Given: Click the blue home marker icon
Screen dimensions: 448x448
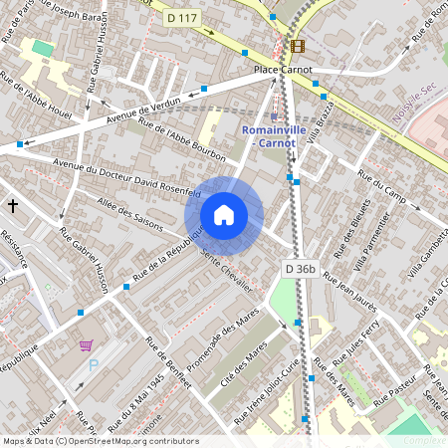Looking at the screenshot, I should point(224,215).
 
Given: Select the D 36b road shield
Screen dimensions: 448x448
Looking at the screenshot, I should point(300,268).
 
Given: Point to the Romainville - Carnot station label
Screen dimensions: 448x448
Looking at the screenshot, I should point(270,136).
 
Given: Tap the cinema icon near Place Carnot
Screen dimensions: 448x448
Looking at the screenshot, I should point(297,46).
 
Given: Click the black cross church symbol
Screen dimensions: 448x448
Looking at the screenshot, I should point(13,205).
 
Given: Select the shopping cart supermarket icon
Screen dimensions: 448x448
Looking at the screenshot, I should point(86,346).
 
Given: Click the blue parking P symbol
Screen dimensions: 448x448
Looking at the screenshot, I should point(95,366).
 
